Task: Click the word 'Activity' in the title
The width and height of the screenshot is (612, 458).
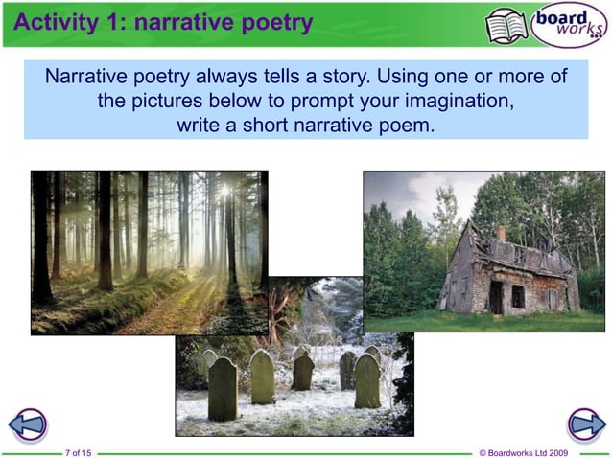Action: tap(54, 22)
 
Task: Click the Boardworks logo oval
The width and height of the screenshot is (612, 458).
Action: tap(571, 24)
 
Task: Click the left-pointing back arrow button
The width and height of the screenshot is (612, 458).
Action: tap(27, 424)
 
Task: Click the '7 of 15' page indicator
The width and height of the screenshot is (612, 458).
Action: tap(79, 452)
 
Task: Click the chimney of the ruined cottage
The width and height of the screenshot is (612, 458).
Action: tap(500, 233)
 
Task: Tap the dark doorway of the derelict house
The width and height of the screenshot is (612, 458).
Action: tap(496, 296)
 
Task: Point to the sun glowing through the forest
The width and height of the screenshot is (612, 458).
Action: tap(227, 191)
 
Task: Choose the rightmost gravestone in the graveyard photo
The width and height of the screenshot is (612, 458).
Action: tap(366, 380)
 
